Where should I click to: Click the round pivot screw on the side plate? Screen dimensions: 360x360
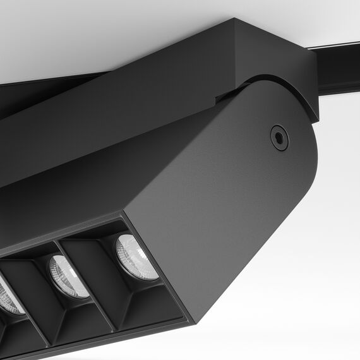tap(279, 138)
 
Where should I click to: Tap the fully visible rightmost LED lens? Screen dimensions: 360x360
tap(136, 257)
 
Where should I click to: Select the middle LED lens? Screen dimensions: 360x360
tap(69, 277)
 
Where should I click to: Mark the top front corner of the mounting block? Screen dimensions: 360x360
tap(236, 20)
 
